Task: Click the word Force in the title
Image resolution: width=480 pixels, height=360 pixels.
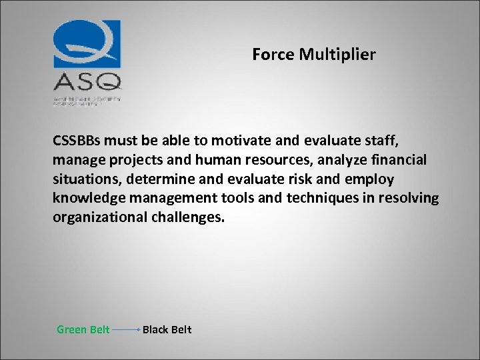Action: click(x=273, y=55)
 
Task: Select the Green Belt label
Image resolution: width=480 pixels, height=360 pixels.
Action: click(x=83, y=329)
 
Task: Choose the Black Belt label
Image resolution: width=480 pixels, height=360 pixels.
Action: click(x=167, y=329)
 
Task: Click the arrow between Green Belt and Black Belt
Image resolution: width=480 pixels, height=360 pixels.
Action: click(x=126, y=329)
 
